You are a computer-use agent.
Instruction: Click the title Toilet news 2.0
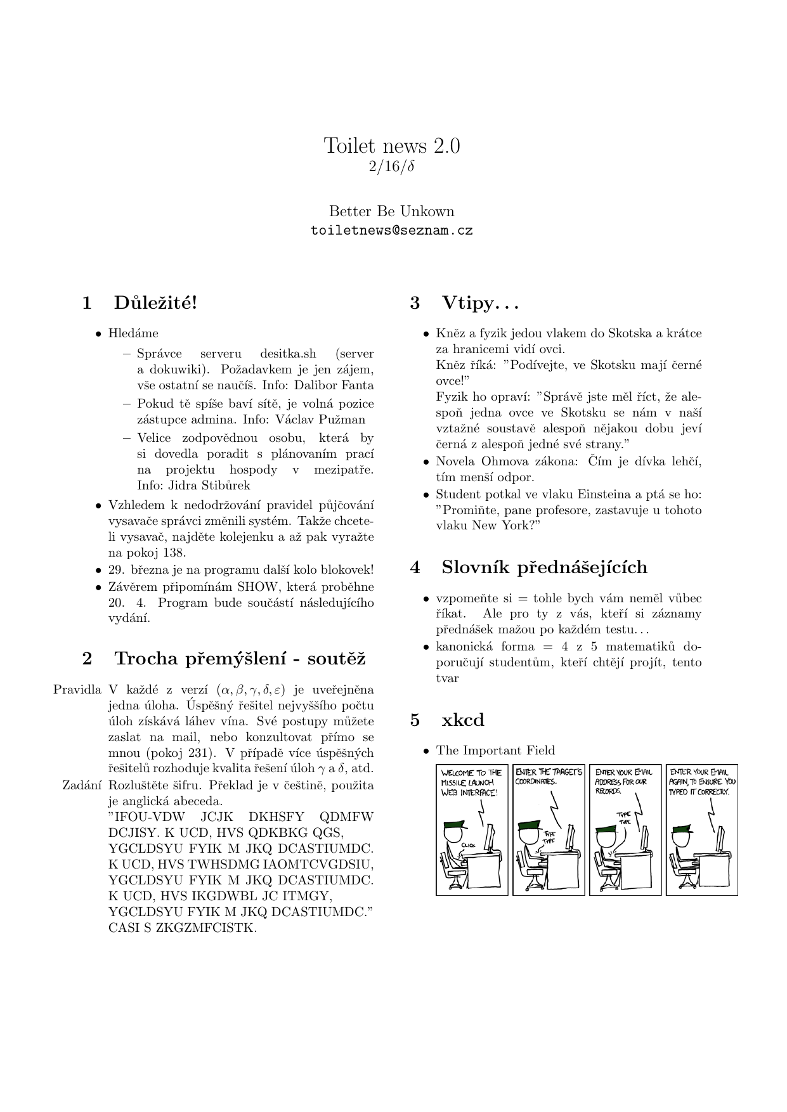(x=392, y=146)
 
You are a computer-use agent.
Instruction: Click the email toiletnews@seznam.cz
(x=392, y=231)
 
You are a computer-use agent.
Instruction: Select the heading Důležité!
(x=156, y=303)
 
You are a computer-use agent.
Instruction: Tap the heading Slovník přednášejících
(x=544, y=567)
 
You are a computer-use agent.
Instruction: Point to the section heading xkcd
(x=463, y=720)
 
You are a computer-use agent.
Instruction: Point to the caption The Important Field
(x=495, y=751)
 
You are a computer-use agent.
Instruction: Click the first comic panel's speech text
(x=471, y=782)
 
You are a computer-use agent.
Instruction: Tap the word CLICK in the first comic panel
(x=469, y=845)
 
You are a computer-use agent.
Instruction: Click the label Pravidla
(x=77, y=690)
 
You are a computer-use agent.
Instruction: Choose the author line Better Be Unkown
(x=392, y=211)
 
